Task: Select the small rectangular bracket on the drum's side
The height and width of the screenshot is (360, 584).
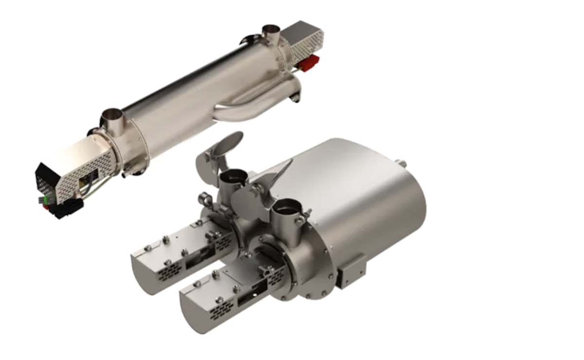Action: pyautogui.click(x=352, y=270)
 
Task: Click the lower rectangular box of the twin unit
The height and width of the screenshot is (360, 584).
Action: pyautogui.click(x=224, y=299)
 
